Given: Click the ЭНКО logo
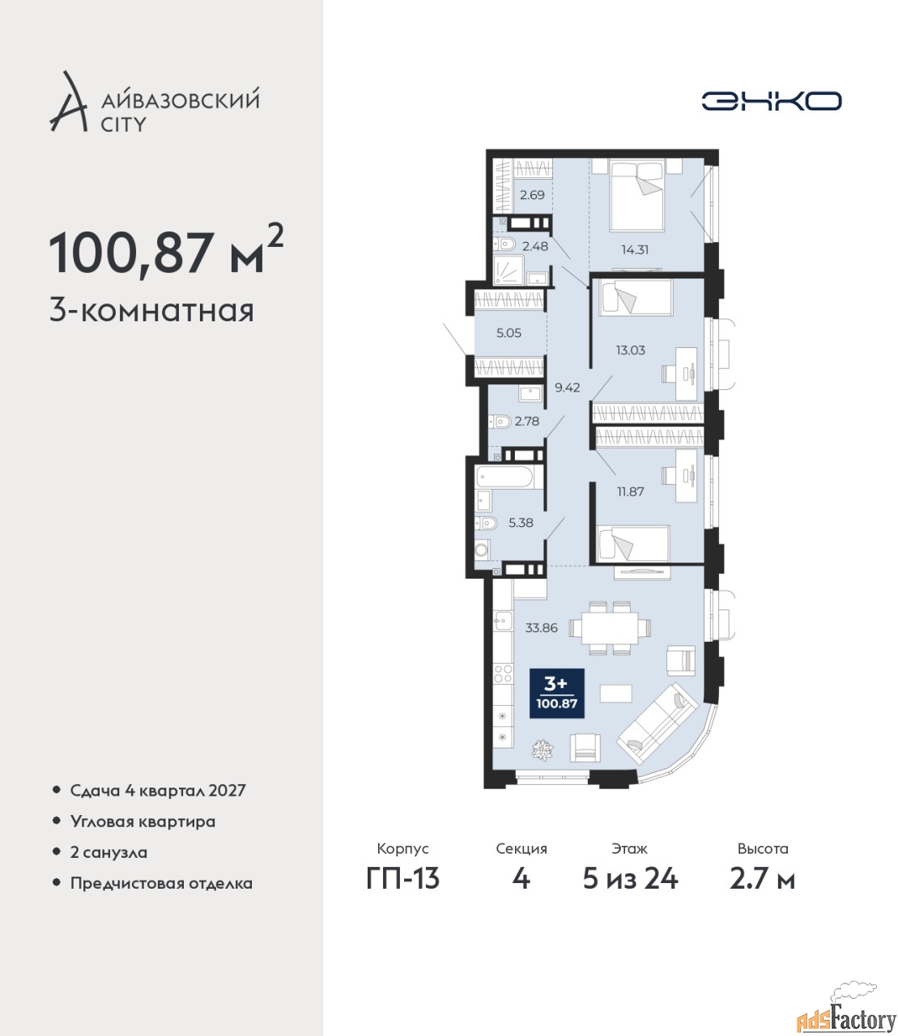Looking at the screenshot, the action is click(771, 101).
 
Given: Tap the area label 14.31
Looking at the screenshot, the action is click(635, 249).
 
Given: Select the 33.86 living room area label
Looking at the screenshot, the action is click(542, 627).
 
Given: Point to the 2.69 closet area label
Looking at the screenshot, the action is click(532, 195).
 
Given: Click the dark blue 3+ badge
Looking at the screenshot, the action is click(557, 694).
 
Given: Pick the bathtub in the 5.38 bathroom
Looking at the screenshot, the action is click(509, 478).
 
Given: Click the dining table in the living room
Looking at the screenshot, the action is click(610, 627).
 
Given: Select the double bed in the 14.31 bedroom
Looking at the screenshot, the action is click(637, 195).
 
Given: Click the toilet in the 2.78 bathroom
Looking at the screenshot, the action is click(500, 422).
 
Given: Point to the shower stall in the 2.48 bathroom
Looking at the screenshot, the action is click(509, 270).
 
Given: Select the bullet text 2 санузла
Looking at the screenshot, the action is click(109, 852).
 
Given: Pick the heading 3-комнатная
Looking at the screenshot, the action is click(151, 312).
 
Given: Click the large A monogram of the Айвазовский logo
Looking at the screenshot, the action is click(68, 102).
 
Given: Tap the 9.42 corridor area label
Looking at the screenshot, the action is click(567, 388).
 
